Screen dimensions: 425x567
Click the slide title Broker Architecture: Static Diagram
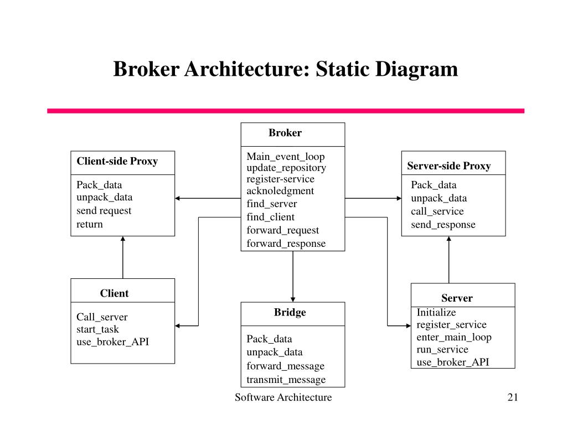pos(286,70)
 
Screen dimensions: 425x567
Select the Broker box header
pos(285,133)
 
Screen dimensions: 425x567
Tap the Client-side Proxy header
pos(117,162)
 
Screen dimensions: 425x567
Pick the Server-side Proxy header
pos(449,166)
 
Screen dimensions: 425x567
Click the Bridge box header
pos(290,313)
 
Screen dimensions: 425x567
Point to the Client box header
pos(114,293)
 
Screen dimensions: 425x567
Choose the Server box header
pos(457,298)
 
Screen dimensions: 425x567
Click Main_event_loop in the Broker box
pos(286,157)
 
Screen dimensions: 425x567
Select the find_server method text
pos(271,204)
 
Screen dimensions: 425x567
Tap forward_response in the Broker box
pos(286,243)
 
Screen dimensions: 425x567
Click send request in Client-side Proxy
pos(104,211)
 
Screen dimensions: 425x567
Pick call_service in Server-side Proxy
pos(437,211)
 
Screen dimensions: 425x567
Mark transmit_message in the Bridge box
pos(286,380)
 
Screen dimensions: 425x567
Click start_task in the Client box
pos(97,329)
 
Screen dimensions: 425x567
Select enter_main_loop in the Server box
pos(453,337)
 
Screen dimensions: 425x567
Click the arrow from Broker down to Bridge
pos(293,276)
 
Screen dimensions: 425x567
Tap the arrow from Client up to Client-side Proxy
pos(123,257)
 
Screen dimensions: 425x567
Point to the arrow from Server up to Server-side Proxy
pos(449,260)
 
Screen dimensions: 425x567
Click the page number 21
pos(512,397)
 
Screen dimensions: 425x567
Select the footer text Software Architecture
pos(283,397)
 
